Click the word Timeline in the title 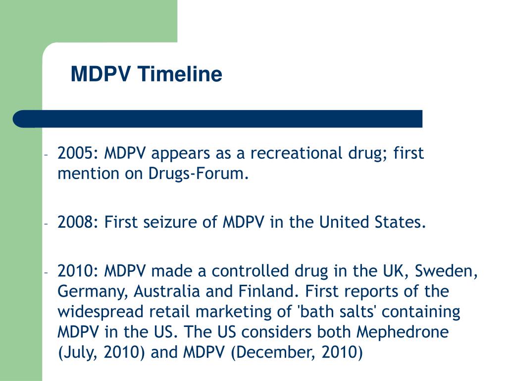pyautogui.click(x=180, y=74)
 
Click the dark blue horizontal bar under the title pyautogui.click(x=218, y=119)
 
